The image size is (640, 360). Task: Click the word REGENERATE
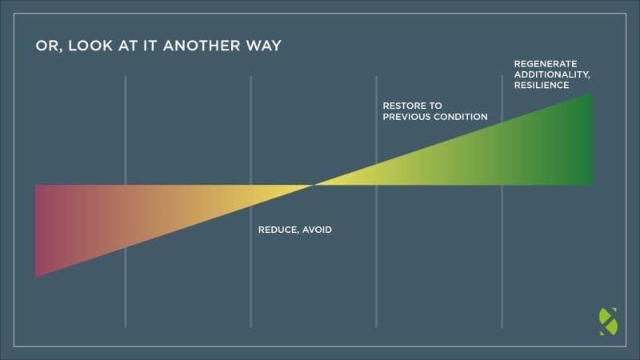546,63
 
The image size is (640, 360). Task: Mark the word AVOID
318,230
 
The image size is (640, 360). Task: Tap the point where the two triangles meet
314,185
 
